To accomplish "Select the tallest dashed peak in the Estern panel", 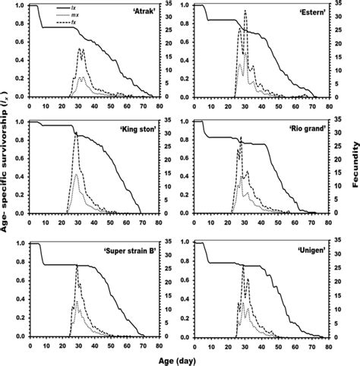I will click(245, 10).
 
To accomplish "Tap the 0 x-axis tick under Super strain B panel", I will click(29, 343).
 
